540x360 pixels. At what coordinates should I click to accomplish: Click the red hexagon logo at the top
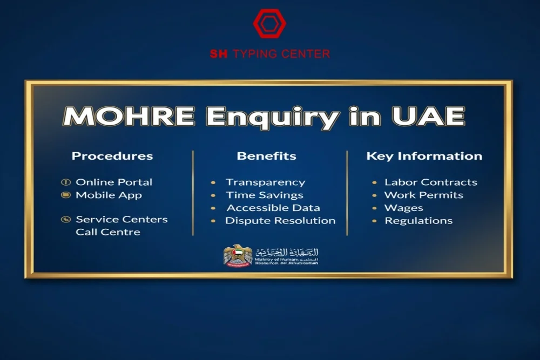(269, 23)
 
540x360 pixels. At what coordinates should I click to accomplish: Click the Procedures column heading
(112, 156)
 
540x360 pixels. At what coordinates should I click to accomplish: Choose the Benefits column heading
(266, 156)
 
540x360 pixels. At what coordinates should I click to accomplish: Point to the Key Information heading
(424, 156)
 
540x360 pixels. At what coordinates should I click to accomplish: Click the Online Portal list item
(114, 182)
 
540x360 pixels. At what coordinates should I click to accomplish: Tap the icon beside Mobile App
(66, 195)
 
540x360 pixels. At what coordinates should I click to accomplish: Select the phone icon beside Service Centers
(66, 219)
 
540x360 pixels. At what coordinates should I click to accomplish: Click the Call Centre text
(108, 232)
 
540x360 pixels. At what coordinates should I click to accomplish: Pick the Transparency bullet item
(265, 182)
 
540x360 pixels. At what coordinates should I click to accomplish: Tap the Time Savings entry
(265, 195)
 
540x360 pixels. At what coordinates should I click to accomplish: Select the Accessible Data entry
(273, 208)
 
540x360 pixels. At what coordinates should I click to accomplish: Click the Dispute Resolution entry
(280, 220)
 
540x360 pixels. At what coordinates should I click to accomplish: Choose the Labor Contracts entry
(430, 182)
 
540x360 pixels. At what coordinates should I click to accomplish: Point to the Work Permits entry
(423, 195)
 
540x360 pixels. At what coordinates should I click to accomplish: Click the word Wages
(403, 208)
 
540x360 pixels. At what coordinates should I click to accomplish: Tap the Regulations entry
(418, 220)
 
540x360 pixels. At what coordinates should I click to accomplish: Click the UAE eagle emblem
(238, 255)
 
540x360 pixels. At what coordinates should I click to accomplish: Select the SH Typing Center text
(269, 54)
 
